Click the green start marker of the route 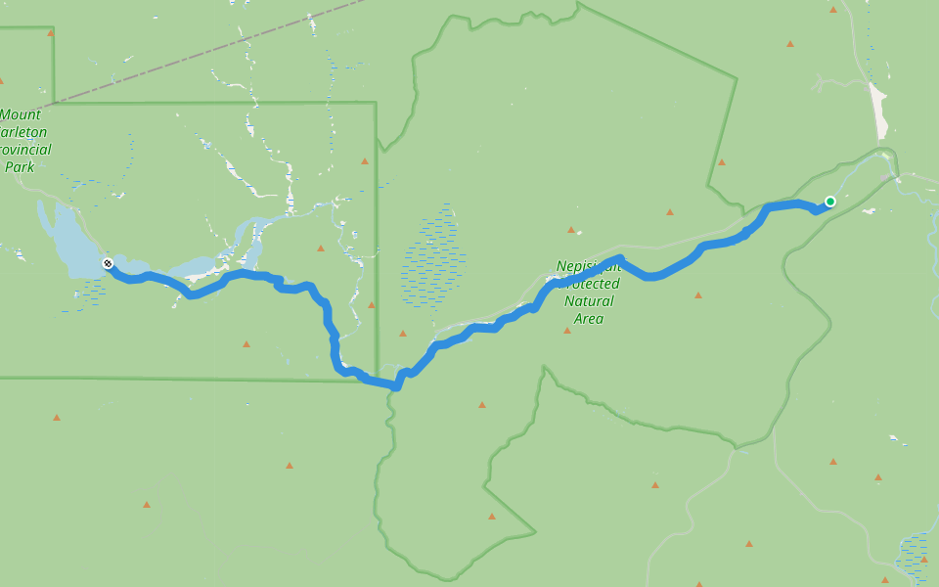click(x=830, y=202)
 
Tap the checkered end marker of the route click(x=108, y=263)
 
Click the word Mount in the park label click(x=21, y=114)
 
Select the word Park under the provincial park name click(x=20, y=167)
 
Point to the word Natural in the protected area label click(x=590, y=301)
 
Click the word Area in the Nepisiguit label click(x=589, y=319)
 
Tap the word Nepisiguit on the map click(x=588, y=266)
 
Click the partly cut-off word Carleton click(x=23, y=132)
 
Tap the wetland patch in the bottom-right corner click(x=914, y=558)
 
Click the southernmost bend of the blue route click(x=396, y=385)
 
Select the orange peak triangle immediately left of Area click(x=566, y=331)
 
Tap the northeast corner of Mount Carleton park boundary click(x=376, y=103)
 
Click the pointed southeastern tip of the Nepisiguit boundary click(x=535, y=532)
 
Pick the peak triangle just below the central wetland click(x=402, y=334)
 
